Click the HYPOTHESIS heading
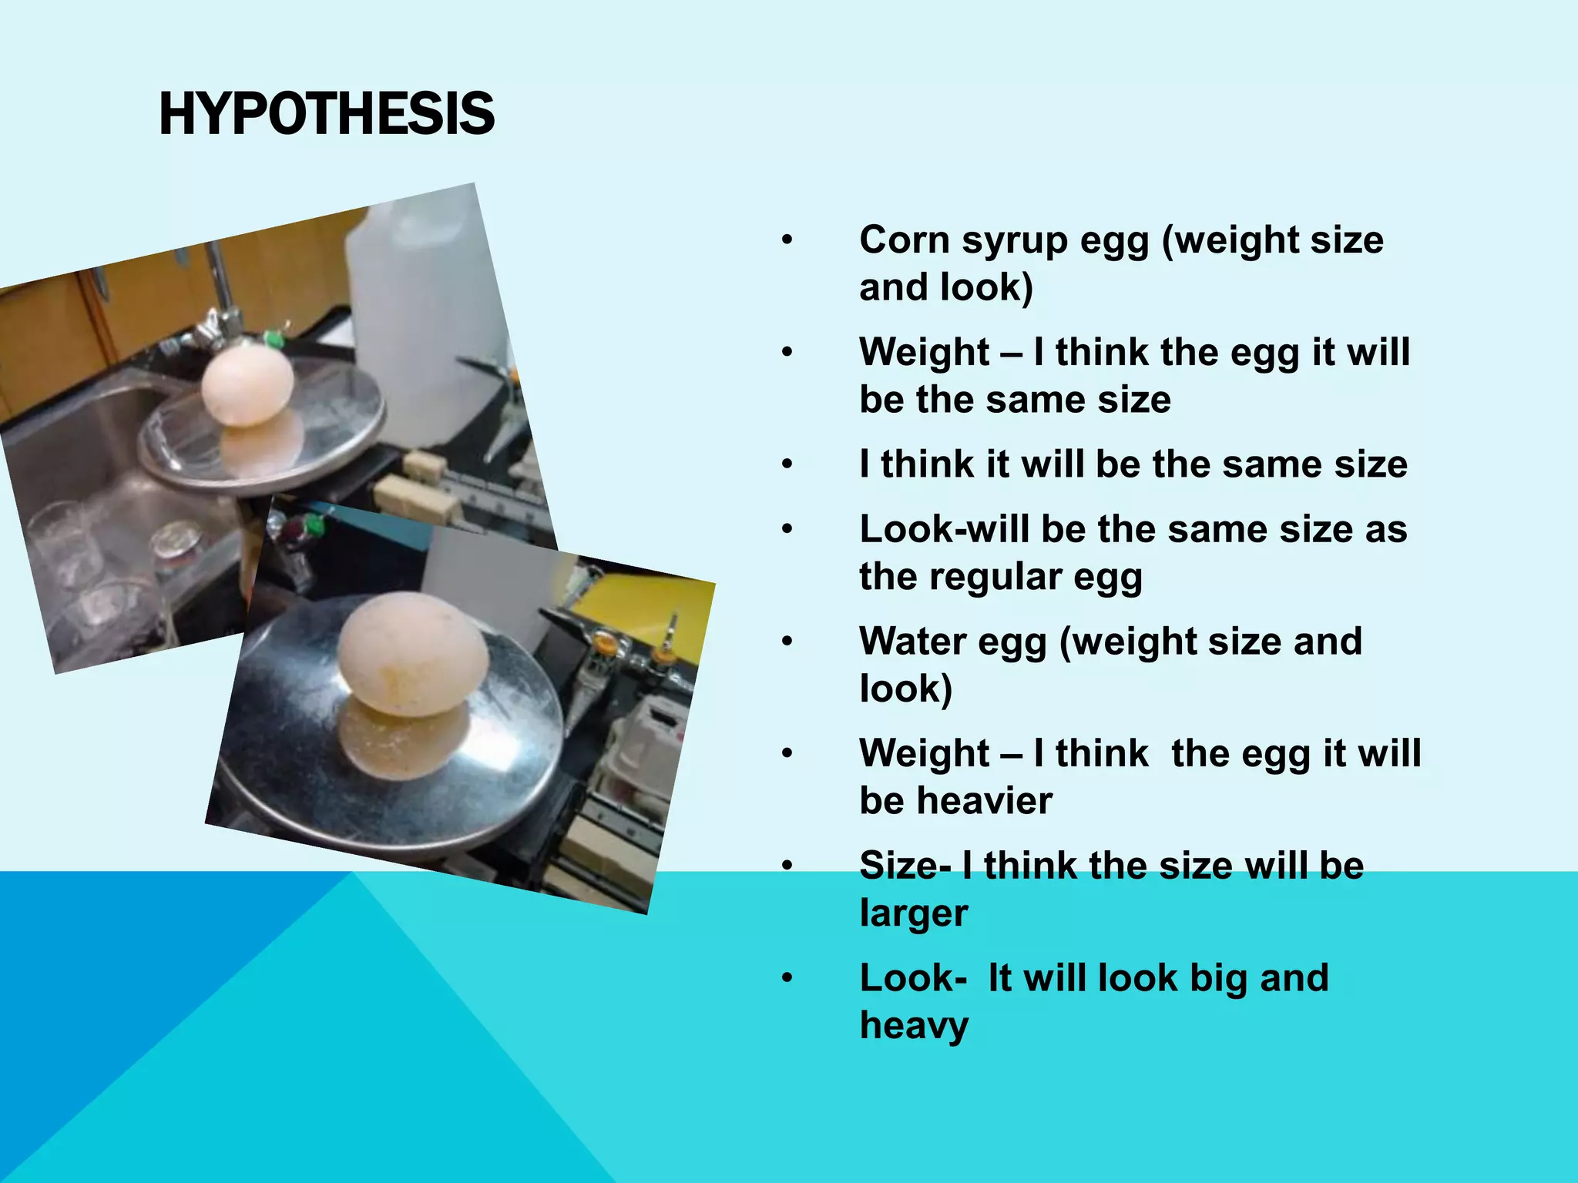click(x=326, y=114)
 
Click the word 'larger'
click(x=914, y=914)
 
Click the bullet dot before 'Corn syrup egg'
click(x=786, y=240)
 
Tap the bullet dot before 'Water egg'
click(x=786, y=642)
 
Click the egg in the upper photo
click(x=247, y=385)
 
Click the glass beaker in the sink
click(x=65, y=539)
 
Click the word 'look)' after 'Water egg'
click(x=906, y=689)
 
